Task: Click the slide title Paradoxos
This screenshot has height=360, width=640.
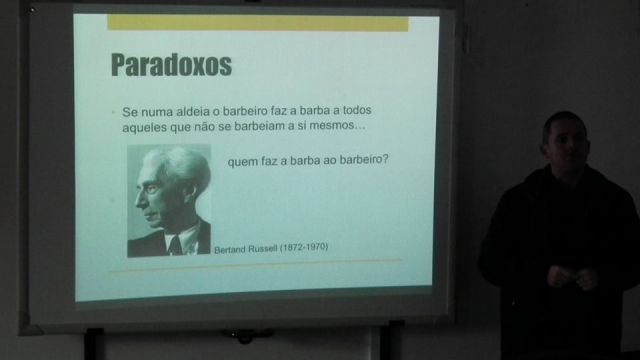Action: pos(171,64)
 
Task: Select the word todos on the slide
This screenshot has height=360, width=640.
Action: pos(357,110)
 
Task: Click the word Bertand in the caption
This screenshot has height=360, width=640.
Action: pos(230,250)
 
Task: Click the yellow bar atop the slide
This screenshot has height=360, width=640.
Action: pos(258,23)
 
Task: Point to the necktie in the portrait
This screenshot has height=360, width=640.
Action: pos(176,245)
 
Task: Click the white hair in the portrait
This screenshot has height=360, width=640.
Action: pos(180,163)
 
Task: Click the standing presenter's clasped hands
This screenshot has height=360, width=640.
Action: pos(571,277)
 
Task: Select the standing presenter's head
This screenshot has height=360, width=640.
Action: pos(565,139)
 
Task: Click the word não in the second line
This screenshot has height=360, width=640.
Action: pos(204,127)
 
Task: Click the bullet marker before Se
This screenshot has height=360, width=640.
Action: pos(114,112)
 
